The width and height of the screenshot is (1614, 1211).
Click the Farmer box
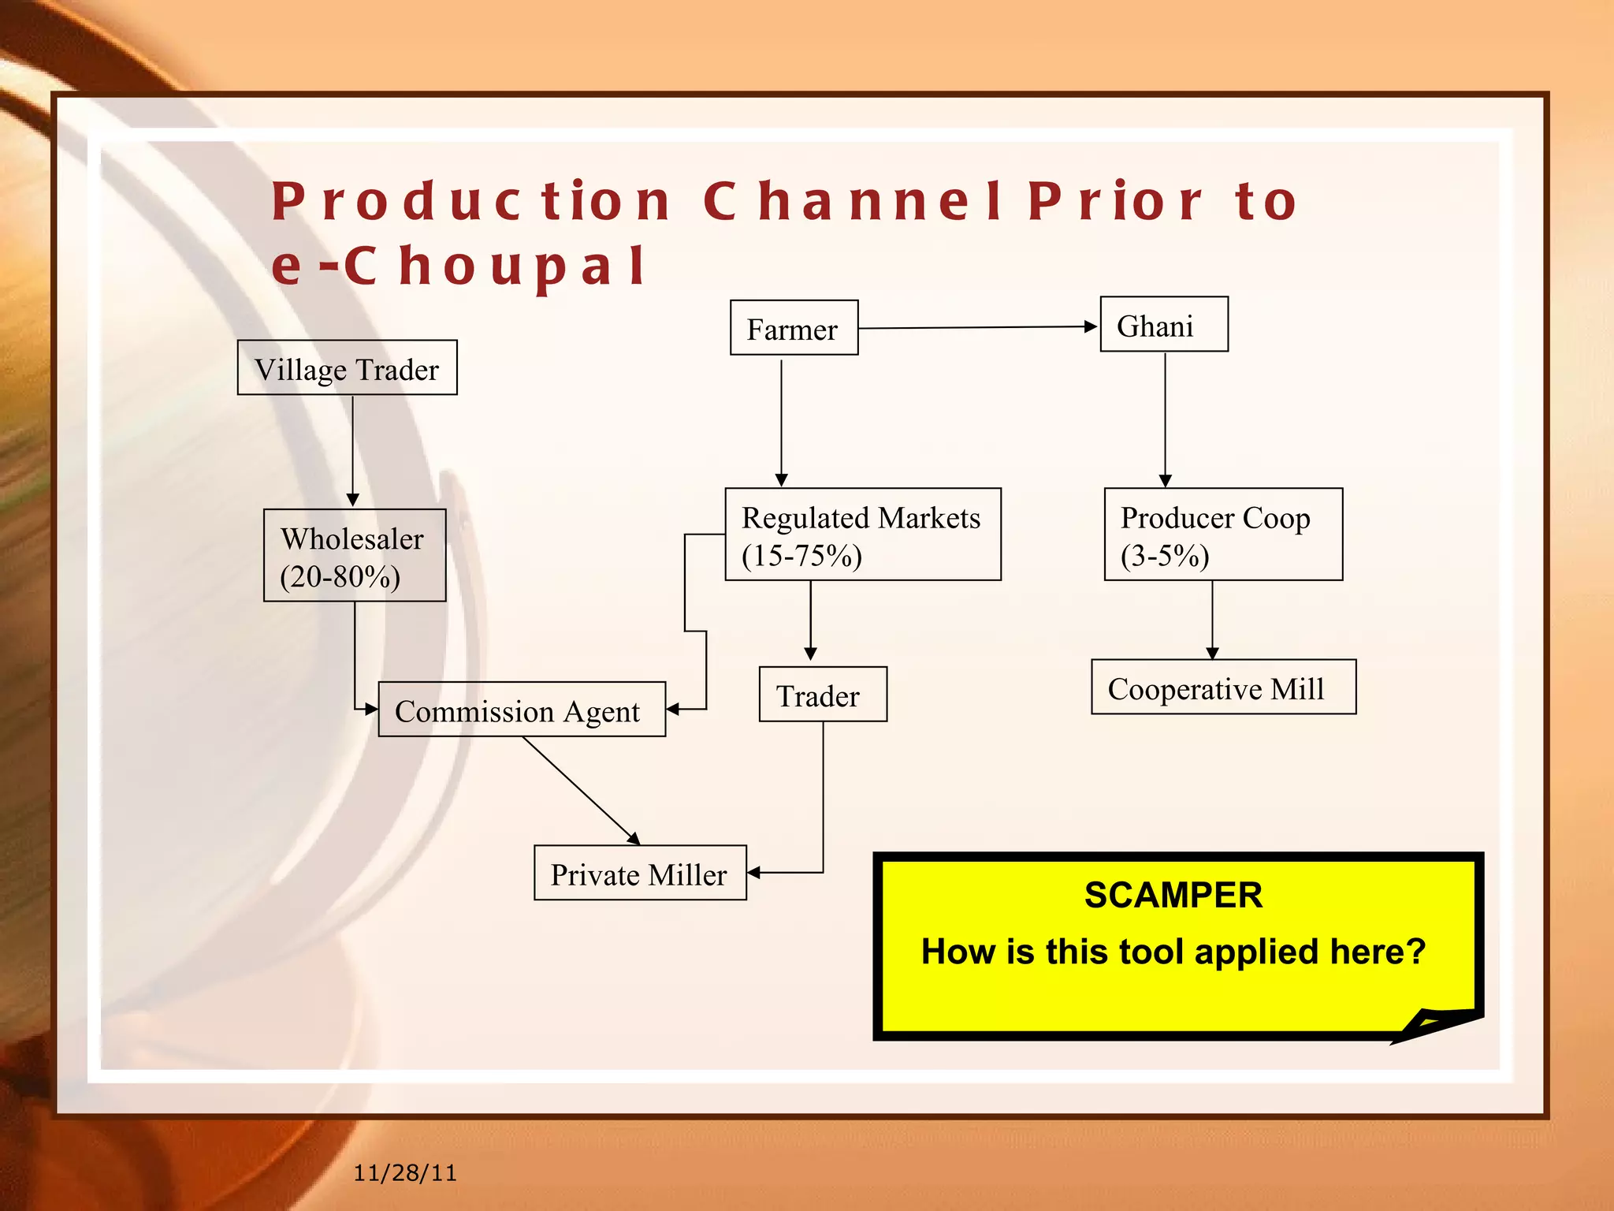pyautogui.click(x=794, y=328)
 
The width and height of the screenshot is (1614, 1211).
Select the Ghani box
pyautogui.click(x=1163, y=325)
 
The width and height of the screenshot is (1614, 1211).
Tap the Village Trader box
pyautogui.click(x=347, y=368)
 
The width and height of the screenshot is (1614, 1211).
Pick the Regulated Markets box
pyautogui.click(x=862, y=535)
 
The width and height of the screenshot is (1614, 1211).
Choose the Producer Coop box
pyautogui.click(x=1222, y=535)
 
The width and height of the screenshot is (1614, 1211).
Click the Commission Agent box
pyautogui.click(x=521, y=710)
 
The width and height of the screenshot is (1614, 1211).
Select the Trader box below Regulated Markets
pyautogui.click(x=822, y=695)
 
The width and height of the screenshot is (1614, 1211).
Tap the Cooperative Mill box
pyautogui.click(x=1222, y=687)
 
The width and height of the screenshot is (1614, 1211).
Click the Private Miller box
pyautogui.click(x=639, y=873)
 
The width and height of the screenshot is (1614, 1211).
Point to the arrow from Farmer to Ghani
pyautogui.click(x=977, y=327)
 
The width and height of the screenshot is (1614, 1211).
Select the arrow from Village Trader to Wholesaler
pyautogui.click(x=352, y=449)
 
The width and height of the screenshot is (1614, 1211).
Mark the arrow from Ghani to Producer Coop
pyautogui.click(x=1165, y=418)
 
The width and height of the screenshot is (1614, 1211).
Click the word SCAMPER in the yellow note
pyautogui.click(x=1173, y=895)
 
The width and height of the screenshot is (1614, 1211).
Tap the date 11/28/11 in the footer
pyautogui.click(x=404, y=1173)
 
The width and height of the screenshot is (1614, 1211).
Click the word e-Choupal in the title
pyautogui.click(x=459, y=266)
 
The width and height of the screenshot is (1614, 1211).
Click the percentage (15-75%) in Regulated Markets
pyautogui.click(x=801, y=556)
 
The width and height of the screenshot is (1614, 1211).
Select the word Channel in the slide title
pyautogui.click(x=852, y=201)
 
